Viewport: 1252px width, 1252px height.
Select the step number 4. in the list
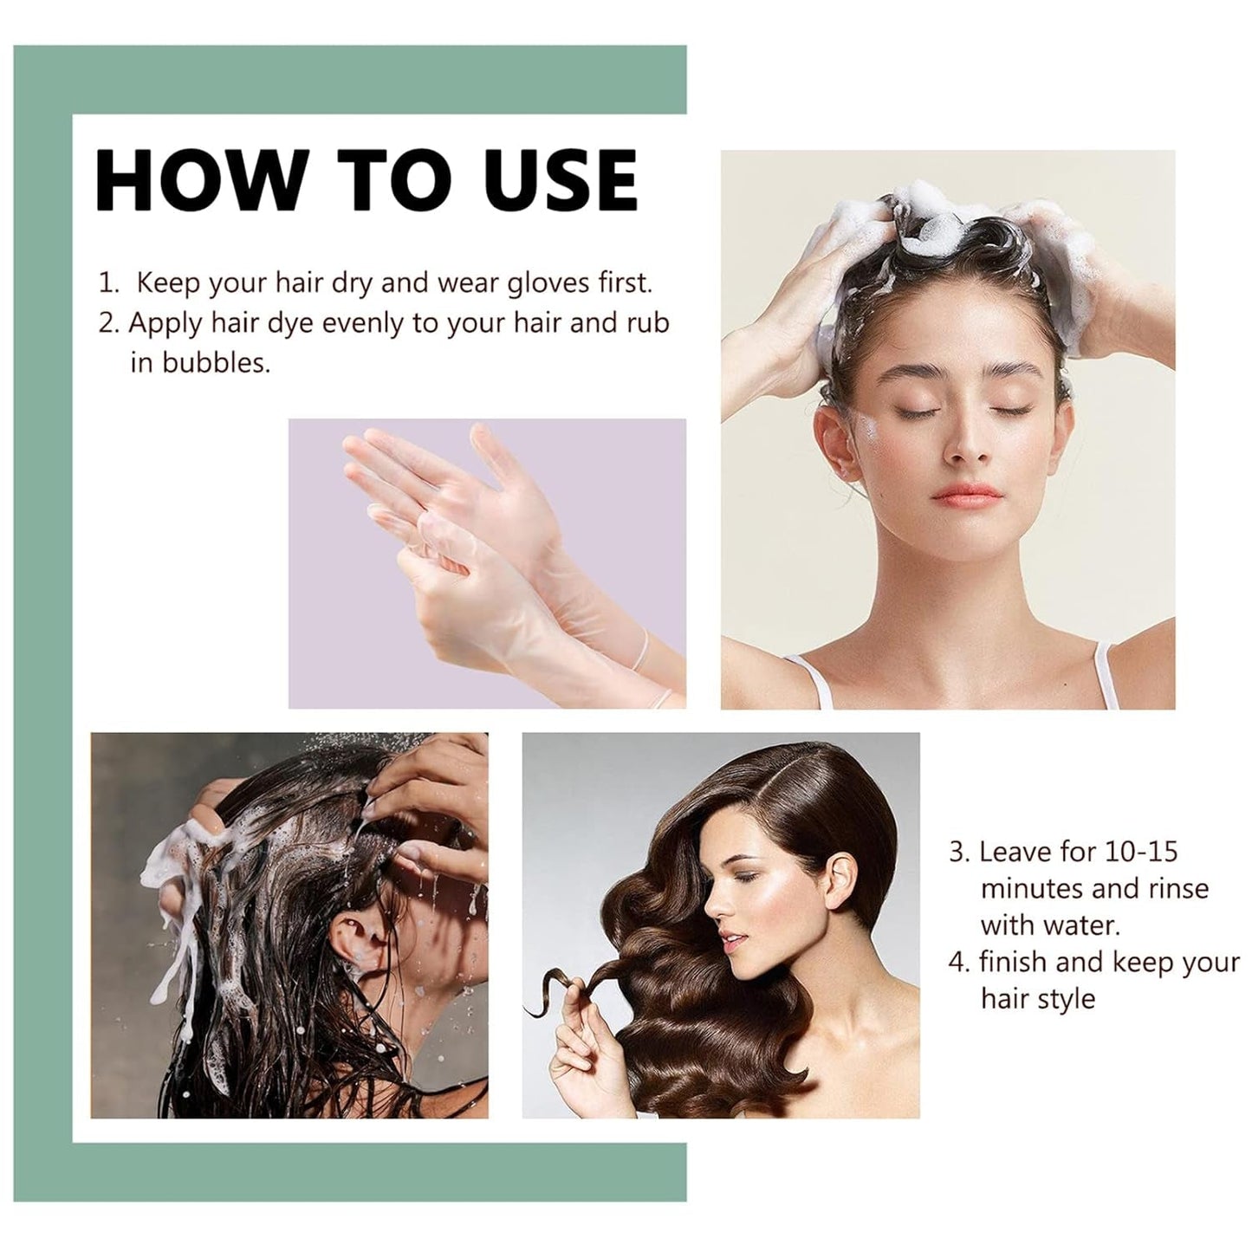[x=959, y=963]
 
